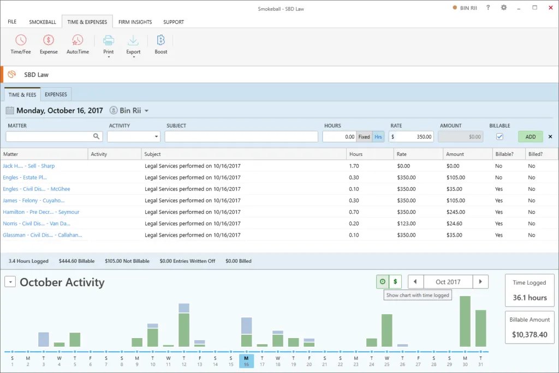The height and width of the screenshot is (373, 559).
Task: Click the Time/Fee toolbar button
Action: coord(21,44)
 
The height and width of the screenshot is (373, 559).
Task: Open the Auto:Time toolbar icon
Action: coord(78,44)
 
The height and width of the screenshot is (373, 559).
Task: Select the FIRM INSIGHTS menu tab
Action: coord(135,22)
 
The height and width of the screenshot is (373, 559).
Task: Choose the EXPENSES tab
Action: coord(56,94)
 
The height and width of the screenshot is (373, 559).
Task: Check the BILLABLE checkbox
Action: coord(499,137)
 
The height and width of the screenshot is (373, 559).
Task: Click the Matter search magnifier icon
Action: coord(97,137)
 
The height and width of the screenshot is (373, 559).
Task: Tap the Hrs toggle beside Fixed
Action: coord(378,137)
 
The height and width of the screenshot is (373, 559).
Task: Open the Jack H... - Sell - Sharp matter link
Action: coord(29,166)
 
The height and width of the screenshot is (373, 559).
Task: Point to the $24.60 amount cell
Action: coord(454,224)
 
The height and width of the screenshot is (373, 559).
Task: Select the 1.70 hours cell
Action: coord(354,166)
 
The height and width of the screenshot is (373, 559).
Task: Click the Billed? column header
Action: coord(535,154)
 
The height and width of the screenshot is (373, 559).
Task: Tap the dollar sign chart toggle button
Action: coord(395,282)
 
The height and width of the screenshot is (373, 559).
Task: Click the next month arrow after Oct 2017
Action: coord(480,282)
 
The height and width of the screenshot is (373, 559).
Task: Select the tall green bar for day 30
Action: coord(465,322)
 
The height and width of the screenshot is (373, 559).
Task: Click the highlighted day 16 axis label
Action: coord(246,361)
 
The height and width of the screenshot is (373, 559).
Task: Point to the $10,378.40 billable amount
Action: coord(528,334)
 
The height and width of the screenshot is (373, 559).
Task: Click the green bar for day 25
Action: coord(387,330)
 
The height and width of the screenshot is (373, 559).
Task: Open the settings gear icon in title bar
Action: coord(503,8)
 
